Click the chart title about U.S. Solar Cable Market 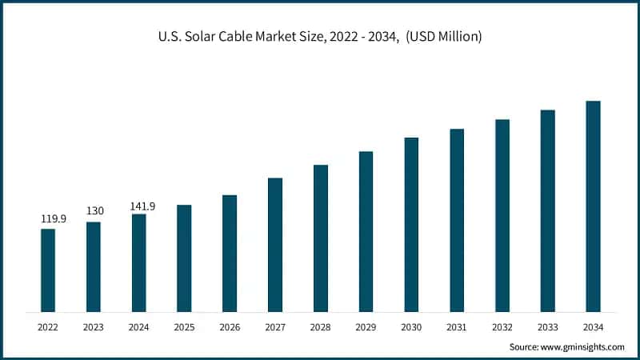(320, 37)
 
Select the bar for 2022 (48, 270)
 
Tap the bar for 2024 (139, 262)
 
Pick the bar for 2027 (275, 245)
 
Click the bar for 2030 (411, 225)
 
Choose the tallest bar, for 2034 (593, 206)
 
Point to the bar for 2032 (502, 215)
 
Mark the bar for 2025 (184, 258)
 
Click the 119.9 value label (52, 218)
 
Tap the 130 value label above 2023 (94, 211)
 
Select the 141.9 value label (142, 206)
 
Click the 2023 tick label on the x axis (94, 326)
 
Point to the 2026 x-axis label (230, 326)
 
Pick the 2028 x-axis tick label (320, 326)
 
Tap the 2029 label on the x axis (366, 326)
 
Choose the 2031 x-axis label (457, 326)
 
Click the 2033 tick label (547, 326)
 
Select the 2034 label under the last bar (593, 326)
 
